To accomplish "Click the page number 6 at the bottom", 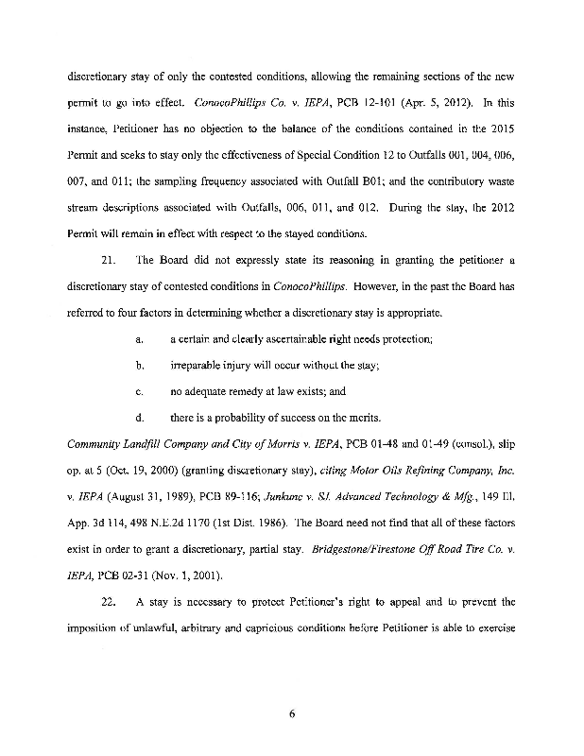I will point(292,713).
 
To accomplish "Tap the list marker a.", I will point(139,337).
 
